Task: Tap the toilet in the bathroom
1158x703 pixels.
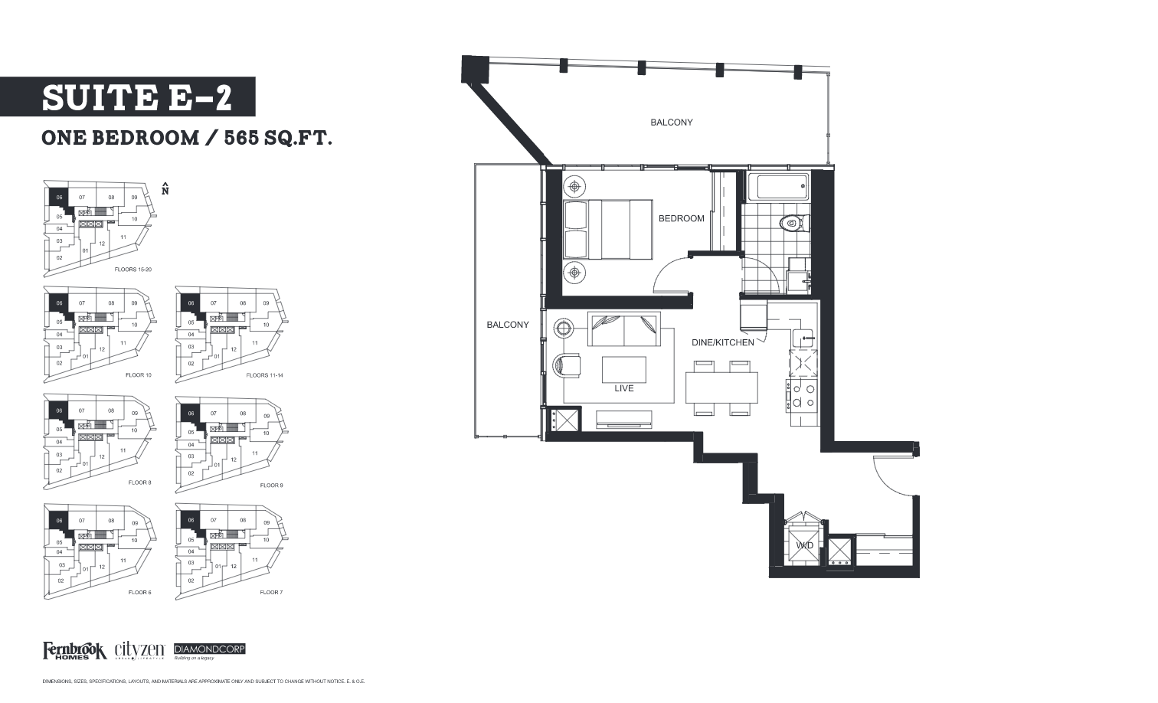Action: (790, 224)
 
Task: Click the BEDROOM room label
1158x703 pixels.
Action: (681, 218)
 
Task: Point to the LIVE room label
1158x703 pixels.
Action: (623, 388)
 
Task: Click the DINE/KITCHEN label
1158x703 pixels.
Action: (722, 342)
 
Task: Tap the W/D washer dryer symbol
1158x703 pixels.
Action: (803, 544)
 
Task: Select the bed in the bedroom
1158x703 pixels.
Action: (607, 229)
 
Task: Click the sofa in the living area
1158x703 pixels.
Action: (623, 330)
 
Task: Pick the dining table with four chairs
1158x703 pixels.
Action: (721, 387)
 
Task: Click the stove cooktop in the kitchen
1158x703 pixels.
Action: (803, 394)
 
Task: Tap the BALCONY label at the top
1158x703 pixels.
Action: (671, 123)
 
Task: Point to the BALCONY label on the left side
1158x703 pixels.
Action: (508, 325)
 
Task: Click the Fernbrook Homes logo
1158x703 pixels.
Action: (74, 650)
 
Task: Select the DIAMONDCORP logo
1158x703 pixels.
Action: (210, 649)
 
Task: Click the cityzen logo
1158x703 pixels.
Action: (141, 650)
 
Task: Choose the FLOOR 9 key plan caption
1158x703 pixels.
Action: (271, 486)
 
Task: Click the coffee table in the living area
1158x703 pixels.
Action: (623, 368)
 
